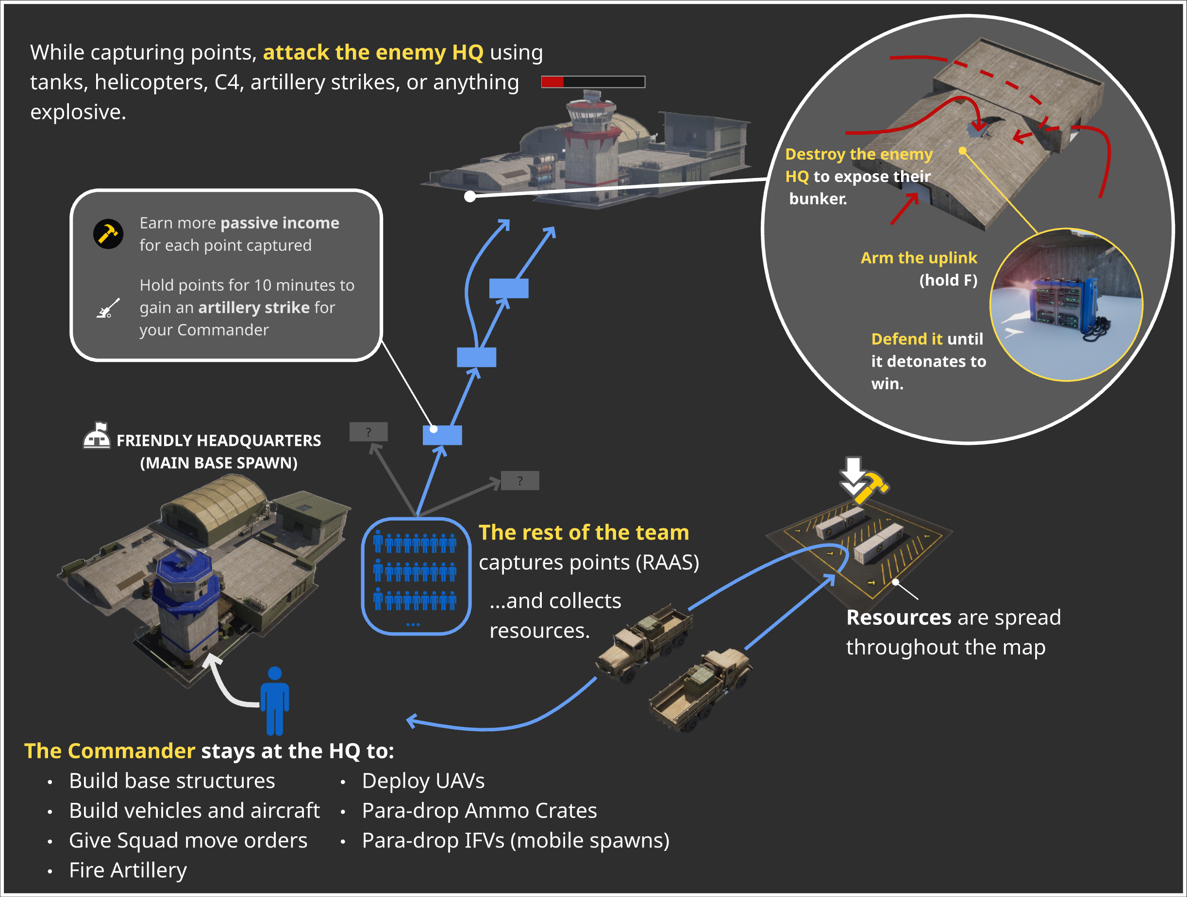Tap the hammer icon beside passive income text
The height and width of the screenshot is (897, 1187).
point(108,234)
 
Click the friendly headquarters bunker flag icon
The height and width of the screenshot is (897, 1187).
point(97,435)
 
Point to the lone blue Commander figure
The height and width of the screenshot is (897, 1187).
point(275,700)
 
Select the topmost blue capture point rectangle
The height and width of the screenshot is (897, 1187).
point(509,289)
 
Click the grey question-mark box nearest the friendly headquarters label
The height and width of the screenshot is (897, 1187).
point(368,432)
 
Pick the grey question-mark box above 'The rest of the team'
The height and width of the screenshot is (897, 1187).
point(519,480)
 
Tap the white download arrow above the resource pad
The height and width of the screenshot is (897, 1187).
point(853,474)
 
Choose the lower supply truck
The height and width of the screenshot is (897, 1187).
point(700,689)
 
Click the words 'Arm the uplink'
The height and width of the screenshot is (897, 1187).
point(918,258)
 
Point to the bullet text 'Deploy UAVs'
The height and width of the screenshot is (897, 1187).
point(423,781)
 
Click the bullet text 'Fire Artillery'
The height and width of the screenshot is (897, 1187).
point(128,870)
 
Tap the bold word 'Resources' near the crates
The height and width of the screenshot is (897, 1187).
point(898,618)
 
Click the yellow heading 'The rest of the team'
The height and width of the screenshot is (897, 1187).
point(583,532)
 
